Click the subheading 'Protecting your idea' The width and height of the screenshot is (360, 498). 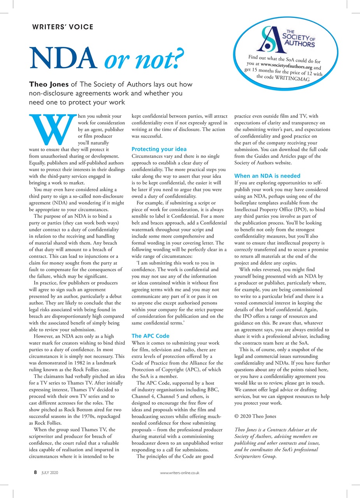(x=159, y=149)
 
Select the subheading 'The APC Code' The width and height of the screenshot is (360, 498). (x=150, y=335)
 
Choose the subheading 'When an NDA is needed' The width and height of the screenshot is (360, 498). (x=267, y=176)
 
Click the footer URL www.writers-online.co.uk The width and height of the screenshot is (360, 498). (x=180, y=473)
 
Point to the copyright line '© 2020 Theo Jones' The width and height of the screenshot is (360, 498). (x=255, y=416)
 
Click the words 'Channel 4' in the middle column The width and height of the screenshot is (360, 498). (x=144, y=390)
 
